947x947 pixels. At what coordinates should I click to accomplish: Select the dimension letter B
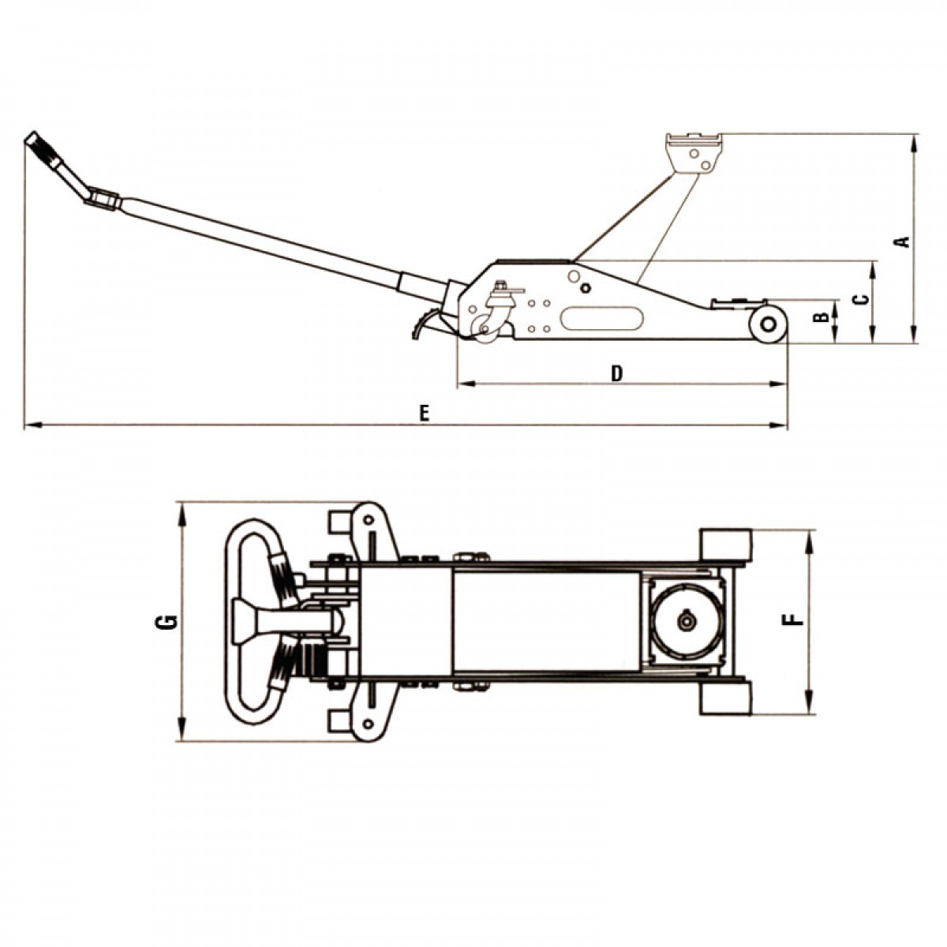(820, 318)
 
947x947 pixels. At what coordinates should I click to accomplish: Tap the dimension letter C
(861, 299)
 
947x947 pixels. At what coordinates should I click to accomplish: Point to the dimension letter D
(617, 373)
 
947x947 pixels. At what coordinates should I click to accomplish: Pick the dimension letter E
(425, 414)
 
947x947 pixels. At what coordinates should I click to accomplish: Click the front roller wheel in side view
(768, 324)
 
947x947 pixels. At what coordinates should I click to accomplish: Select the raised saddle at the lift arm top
(694, 152)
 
